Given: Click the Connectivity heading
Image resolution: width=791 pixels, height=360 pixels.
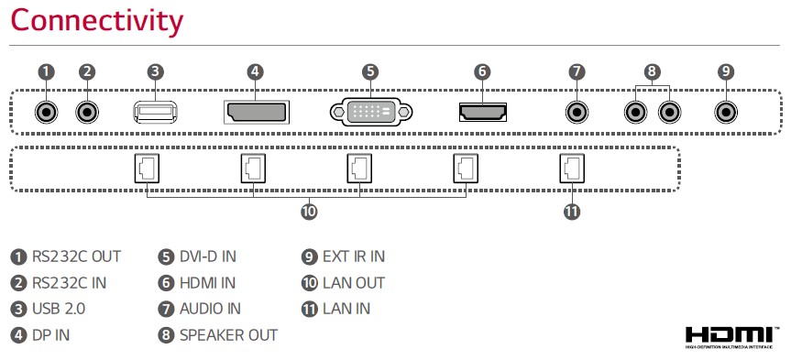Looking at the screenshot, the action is tap(96, 22).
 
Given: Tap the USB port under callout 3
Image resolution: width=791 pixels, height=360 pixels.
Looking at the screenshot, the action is tap(156, 112).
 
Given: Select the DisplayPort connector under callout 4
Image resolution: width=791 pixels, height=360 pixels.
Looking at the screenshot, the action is tap(257, 112).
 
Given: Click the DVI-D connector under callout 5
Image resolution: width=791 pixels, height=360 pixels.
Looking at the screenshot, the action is tap(371, 112).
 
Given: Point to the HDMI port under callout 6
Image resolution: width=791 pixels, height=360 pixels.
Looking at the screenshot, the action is tap(483, 112).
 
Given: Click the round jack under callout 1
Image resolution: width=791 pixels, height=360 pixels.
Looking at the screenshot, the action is tap(47, 112).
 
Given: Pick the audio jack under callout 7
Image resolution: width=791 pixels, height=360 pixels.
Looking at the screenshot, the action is tap(577, 112).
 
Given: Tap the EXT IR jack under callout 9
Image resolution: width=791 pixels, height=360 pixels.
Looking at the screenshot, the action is tap(726, 112).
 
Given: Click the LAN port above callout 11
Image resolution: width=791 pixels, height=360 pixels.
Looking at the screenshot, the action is tap(572, 169).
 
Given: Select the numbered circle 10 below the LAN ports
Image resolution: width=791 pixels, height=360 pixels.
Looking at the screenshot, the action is tap(309, 212).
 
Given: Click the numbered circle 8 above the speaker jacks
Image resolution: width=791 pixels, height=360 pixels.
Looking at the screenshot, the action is tap(653, 71).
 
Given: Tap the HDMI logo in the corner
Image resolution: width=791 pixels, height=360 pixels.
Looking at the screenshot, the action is tap(729, 337).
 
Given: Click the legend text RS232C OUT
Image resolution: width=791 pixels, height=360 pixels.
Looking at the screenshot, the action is tap(77, 256).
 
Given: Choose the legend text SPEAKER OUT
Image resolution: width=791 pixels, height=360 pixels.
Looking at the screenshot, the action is tap(228, 335).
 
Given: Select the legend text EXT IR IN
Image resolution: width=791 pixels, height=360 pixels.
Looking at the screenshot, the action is tap(354, 256).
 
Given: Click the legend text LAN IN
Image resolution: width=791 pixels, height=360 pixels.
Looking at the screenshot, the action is tap(346, 309).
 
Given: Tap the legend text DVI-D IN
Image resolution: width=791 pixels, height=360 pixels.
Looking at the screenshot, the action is tap(208, 256).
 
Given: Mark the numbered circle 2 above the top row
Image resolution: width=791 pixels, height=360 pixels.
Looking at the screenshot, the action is tap(87, 71).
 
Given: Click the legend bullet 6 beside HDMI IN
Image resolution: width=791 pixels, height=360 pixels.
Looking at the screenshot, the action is tap(166, 283).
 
